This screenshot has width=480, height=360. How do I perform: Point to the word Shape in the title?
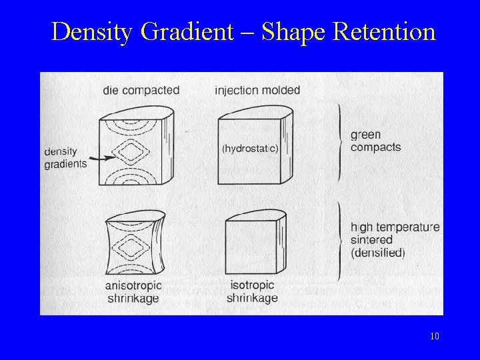click(x=293, y=32)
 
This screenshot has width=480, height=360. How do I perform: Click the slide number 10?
click(x=435, y=337)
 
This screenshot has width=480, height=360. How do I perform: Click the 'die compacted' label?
click(x=141, y=90)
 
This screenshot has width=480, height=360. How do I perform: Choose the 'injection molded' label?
click(x=257, y=90)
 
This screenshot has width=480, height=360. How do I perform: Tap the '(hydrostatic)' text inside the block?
click(x=249, y=149)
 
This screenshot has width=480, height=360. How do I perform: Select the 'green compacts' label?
click(x=375, y=141)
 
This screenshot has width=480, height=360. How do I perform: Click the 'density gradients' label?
click(x=65, y=157)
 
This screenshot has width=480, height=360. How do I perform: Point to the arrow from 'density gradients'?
click(x=101, y=158)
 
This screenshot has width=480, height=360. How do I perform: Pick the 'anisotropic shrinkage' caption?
click(x=134, y=292)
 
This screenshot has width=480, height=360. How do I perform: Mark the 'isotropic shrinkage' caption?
click(x=251, y=292)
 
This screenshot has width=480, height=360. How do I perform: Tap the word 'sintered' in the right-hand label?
click(x=371, y=239)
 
